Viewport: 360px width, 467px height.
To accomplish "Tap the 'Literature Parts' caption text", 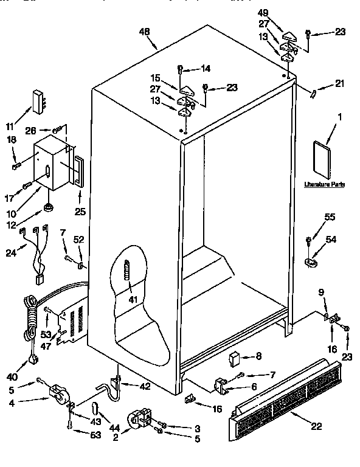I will pos(323,183).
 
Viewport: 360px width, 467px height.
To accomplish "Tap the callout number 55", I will pos(313,217).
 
